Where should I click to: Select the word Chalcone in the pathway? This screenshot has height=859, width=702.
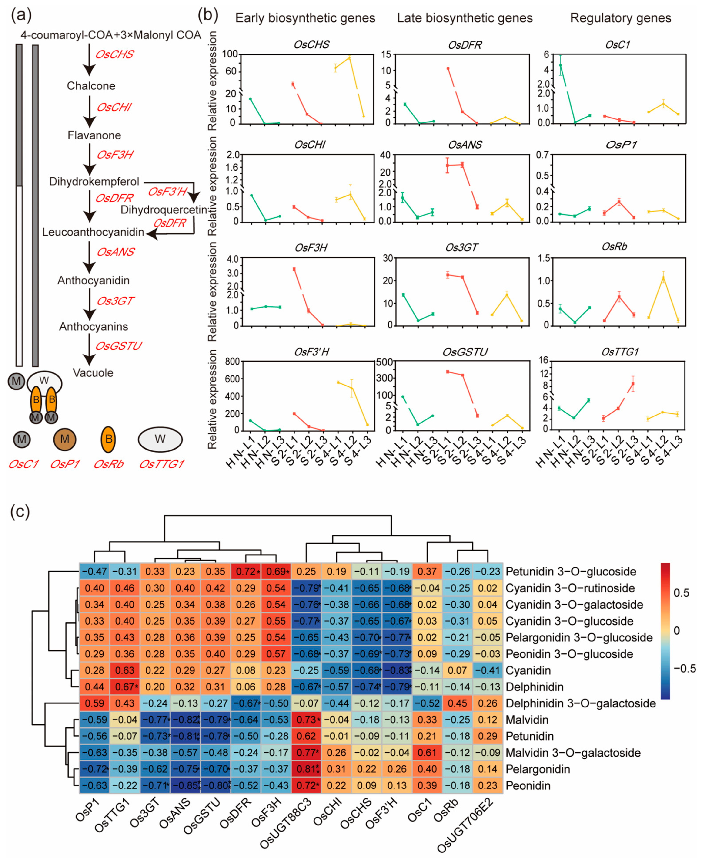(91, 86)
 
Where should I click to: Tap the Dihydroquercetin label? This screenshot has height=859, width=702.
(164, 210)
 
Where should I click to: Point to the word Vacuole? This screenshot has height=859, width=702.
(93, 373)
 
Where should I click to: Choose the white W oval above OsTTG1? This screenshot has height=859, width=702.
(160, 439)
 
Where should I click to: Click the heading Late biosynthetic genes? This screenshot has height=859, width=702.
(465, 18)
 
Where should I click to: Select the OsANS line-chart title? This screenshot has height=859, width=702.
(465, 145)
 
